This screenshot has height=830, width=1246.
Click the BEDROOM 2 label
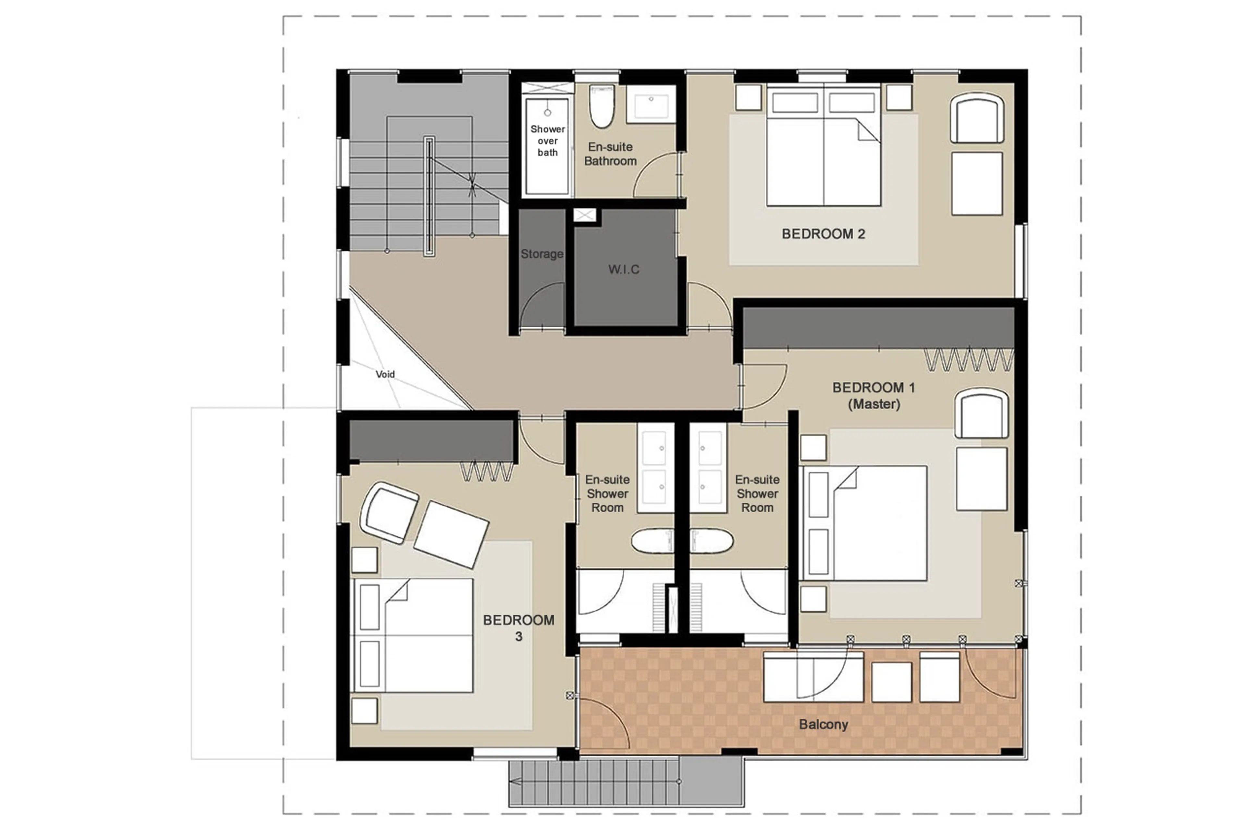tap(823, 234)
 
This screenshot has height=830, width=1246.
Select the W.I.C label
tap(623, 270)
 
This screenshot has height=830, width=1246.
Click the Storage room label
tap(541, 254)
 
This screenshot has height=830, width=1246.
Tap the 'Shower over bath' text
tap(547, 141)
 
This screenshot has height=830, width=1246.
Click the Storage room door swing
tap(541, 306)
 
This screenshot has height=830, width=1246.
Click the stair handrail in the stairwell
tap(429, 196)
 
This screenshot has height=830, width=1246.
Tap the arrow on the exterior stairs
tap(515, 782)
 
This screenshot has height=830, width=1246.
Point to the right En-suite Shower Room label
tap(757, 493)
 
